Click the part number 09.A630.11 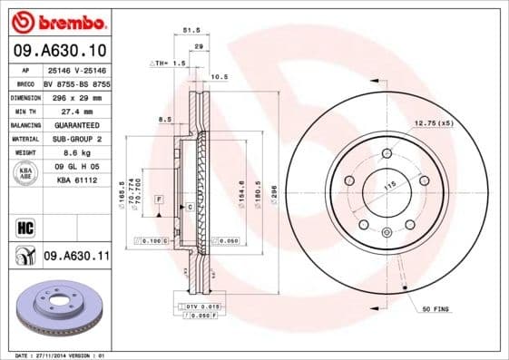[x=76, y=258]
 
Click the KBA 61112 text [x=77, y=181]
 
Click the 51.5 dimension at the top [x=191, y=30]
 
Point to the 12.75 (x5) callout [x=434, y=122]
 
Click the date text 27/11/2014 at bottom [x=65, y=355]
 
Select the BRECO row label [x=24, y=83]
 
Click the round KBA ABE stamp [x=24, y=174]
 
